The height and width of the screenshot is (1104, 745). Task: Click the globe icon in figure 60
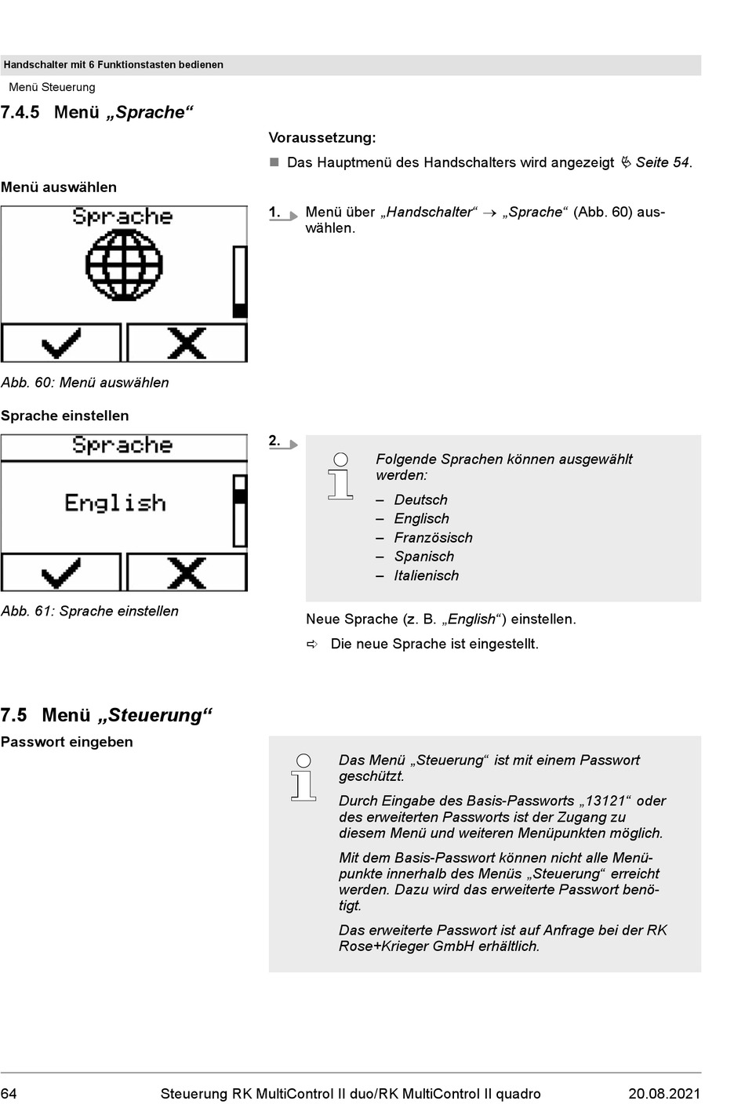(x=124, y=266)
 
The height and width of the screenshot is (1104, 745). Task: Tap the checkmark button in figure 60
(x=61, y=343)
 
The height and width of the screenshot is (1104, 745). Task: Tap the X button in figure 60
(x=187, y=343)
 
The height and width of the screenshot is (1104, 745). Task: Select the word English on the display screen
(x=115, y=503)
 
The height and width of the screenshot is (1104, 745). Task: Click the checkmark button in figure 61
(x=61, y=572)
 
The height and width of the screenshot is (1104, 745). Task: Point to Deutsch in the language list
(x=420, y=500)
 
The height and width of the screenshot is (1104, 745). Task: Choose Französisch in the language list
(x=433, y=538)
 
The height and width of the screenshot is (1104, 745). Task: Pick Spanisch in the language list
(x=423, y=557)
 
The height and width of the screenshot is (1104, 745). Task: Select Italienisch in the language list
(x=426, y=576)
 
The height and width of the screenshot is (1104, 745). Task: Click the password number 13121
(x=605, y=801)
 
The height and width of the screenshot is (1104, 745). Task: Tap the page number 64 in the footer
(x=9, y=1094)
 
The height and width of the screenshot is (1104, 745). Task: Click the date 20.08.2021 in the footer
(x=664, y=1094)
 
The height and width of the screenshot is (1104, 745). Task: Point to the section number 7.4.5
(x=20, y=113)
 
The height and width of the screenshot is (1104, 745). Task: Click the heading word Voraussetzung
(x=322, y=138)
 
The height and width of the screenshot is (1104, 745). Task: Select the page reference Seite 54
(x=662, y=163)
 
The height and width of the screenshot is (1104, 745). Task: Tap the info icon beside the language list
(x=340, y=476)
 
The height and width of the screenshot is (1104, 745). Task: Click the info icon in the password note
(x=303, y=777)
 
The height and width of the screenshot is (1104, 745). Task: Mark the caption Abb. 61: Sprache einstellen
(x=89, y=612)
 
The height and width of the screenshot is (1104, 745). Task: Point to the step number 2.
(x=274, y=441)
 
